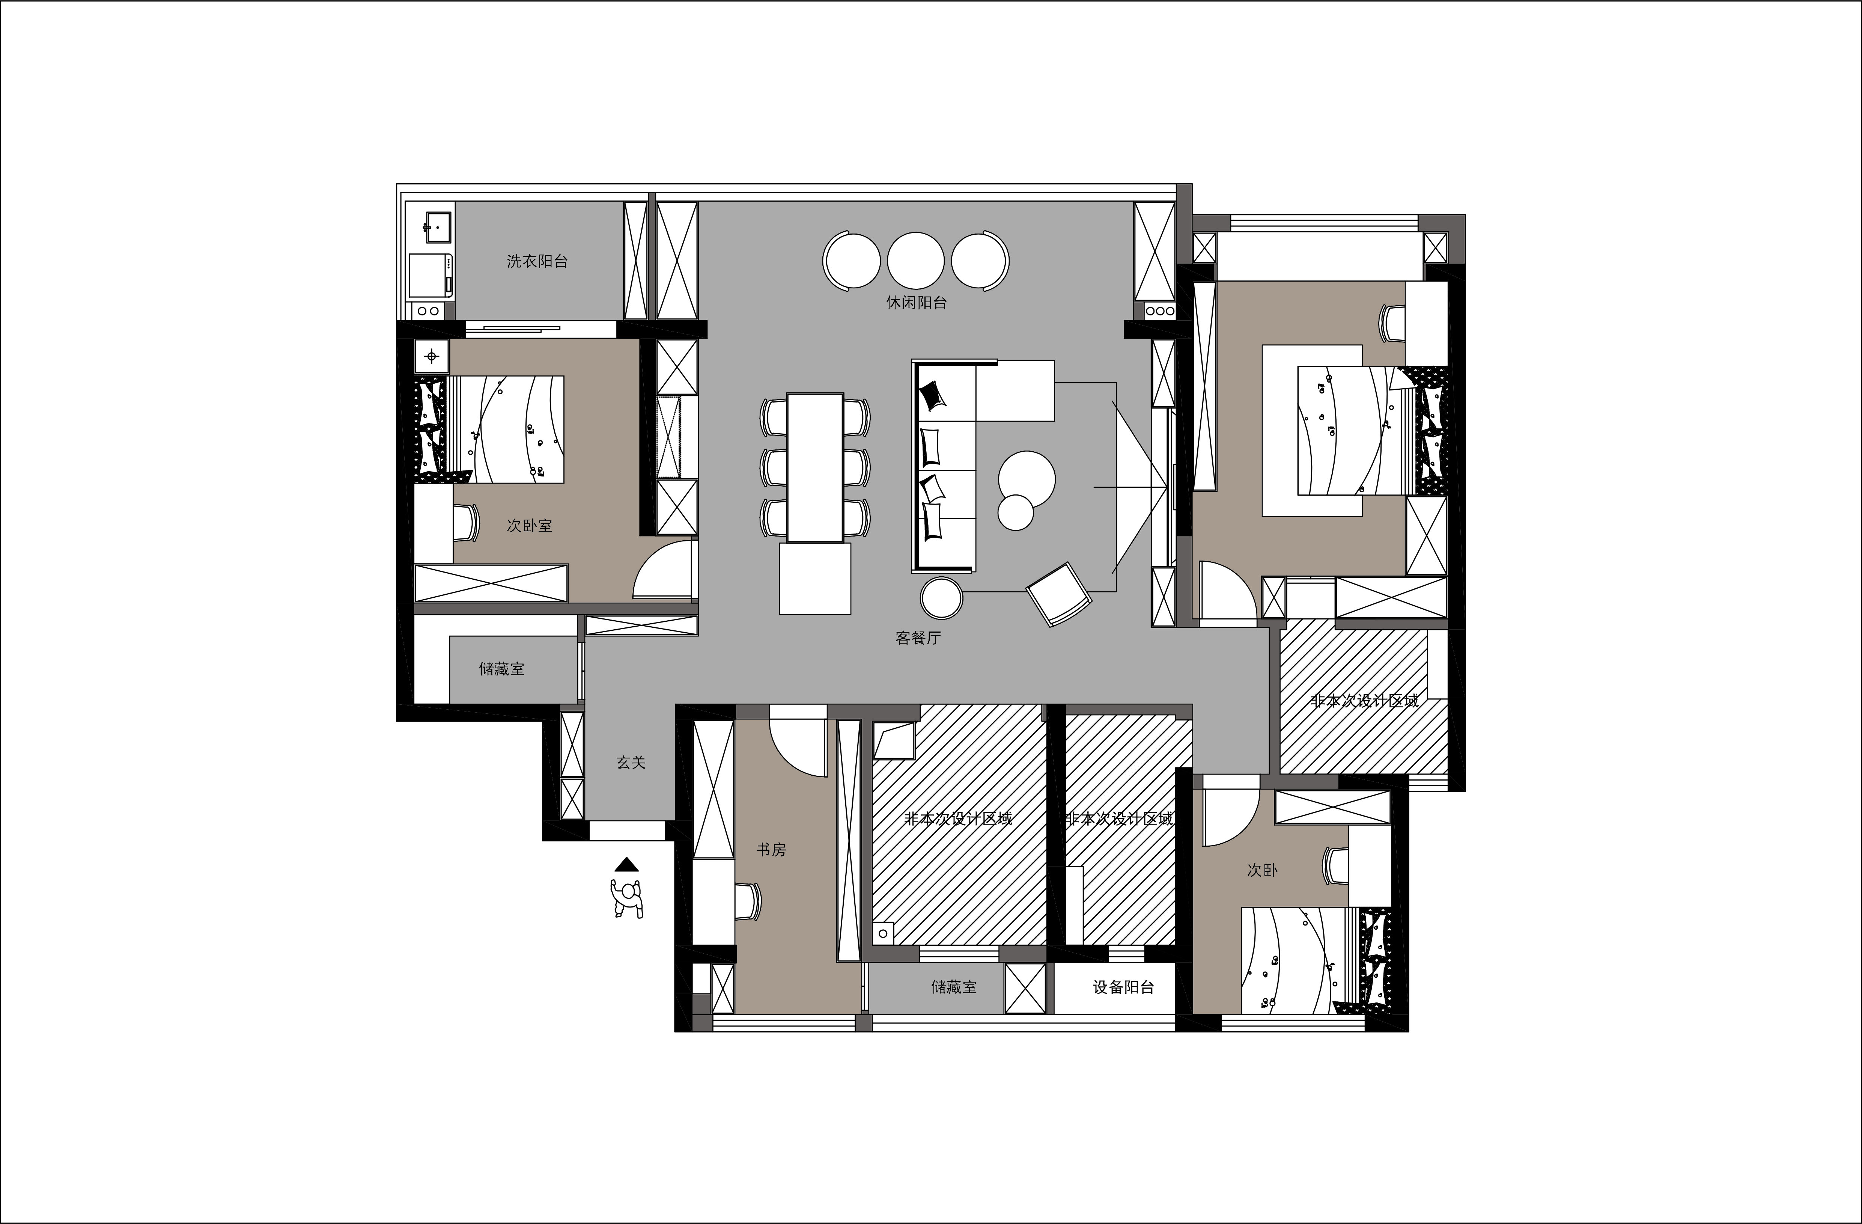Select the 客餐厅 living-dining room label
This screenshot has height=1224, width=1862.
918,638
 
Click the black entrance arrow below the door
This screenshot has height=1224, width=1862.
627,864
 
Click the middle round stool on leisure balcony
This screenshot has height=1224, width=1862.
915,261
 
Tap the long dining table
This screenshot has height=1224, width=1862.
815,467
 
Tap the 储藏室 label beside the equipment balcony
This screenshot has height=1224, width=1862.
954,988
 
